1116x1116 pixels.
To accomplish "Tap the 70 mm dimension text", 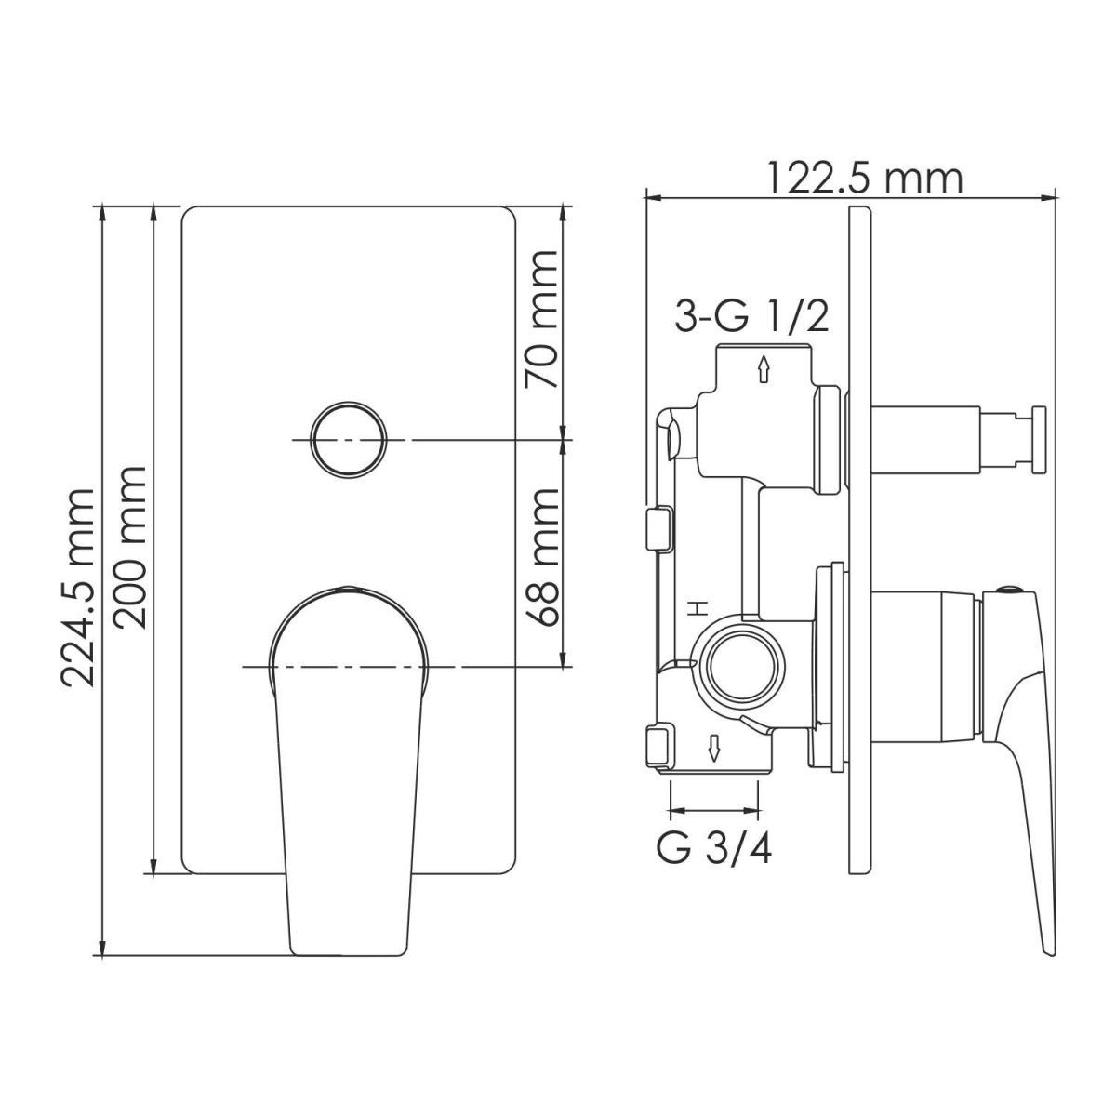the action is (540, 319).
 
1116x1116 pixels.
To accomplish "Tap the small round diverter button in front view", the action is (348, 440).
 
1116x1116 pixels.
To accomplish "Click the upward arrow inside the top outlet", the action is (763, 369).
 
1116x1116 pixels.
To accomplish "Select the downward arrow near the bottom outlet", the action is (714, 749).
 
